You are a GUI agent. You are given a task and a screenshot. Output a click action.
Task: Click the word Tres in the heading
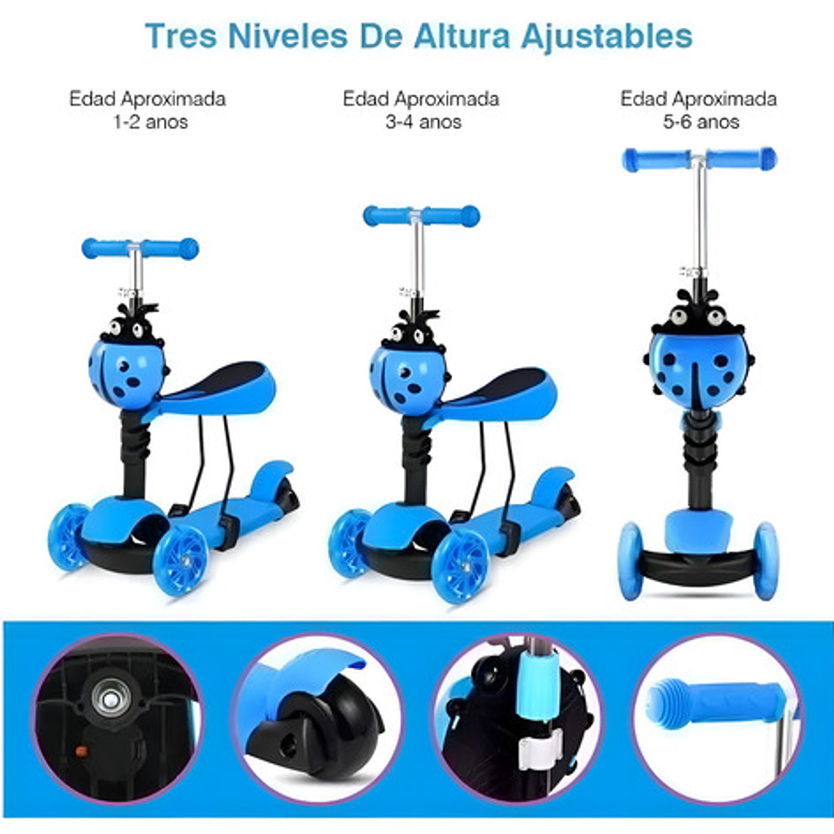coord(181,36)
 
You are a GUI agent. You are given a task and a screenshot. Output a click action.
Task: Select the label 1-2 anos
coord(151,121)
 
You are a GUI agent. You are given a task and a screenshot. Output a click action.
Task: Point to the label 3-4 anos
coord(424,121)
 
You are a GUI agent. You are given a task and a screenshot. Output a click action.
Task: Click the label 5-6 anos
coord(701,121)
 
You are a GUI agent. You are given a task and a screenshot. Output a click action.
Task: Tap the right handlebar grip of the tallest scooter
coord(743,159)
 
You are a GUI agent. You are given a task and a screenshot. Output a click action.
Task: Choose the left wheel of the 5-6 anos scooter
coord(631,561)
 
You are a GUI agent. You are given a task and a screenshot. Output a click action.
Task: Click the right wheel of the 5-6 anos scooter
coord(766,561)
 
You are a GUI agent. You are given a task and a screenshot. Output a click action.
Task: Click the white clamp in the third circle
coord(541,749)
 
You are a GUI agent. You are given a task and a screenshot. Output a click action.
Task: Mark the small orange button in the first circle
coord(81,751)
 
